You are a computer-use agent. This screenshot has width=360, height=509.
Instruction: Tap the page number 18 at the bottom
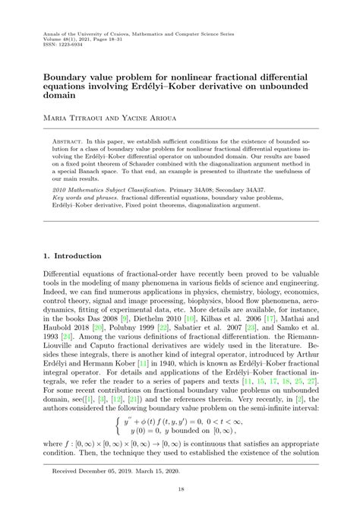pos(180,491)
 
